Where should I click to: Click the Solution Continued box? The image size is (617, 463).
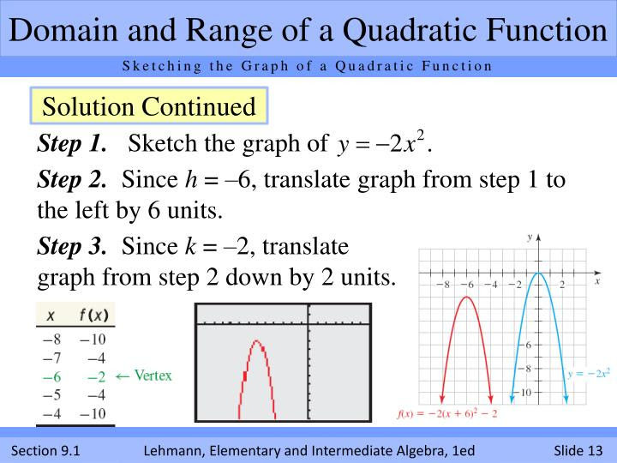pyautogui.click(x=148, y=107)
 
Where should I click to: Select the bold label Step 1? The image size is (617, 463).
pyautogui.click(x=72, y=143)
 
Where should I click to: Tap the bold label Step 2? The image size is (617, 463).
pyautogui.click(x=72, y=180)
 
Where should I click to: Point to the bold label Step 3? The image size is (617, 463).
pyautogui.click(x=72, y=248)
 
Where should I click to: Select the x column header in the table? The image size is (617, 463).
pyautogui.click(x=51, y=316)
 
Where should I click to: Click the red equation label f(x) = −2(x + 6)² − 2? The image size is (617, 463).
pyautogui.click(x=446, y=414)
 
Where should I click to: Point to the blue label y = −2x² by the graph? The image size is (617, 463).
pyautogui.click(x=589, y=373)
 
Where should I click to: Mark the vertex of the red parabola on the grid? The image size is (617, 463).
pyautogui.click(x=465, y=297)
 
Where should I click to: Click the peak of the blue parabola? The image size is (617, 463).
pyautogui.click(x=537, y=273)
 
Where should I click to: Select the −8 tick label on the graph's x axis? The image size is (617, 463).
pyautogui.click(x=442, y=284)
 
